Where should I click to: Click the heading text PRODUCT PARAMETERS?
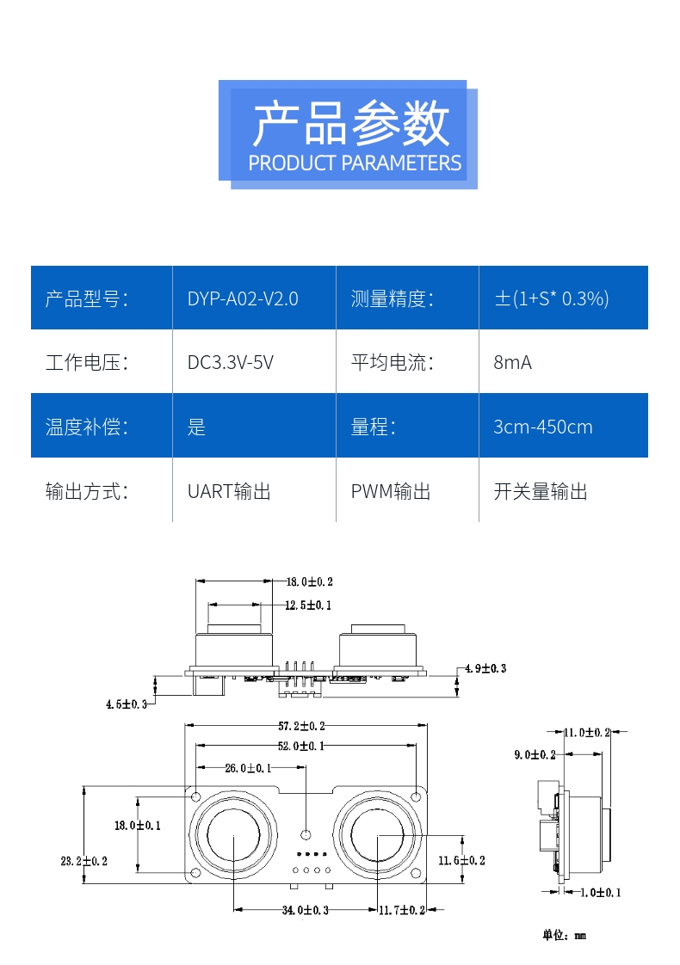click(x=355, y=163)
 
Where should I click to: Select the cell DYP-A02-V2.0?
click(x=243, y=298)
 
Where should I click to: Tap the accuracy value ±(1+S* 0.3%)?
click(x=551, y=298)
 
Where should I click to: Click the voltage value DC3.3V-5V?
click(x=231, y=362)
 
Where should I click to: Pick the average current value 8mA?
click(x=512, y=362)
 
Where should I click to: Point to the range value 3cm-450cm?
click(x=542, y=427)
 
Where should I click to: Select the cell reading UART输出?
click(x=229, y=491)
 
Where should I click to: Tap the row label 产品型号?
click(x=86, y=298)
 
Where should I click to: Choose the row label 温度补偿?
click(x=86, y=427)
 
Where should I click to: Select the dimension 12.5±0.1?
click(x=308, y=605)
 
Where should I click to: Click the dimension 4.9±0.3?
click(x=485, y=668)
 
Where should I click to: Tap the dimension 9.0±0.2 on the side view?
click(x=535, y=754)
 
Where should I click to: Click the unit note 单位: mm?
click(x=564, y=935)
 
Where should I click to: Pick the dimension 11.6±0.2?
click(x=461, y=860)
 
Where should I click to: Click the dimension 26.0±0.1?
click(x=247, y=767)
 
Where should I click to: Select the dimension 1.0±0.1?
click(x=600, y=892)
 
